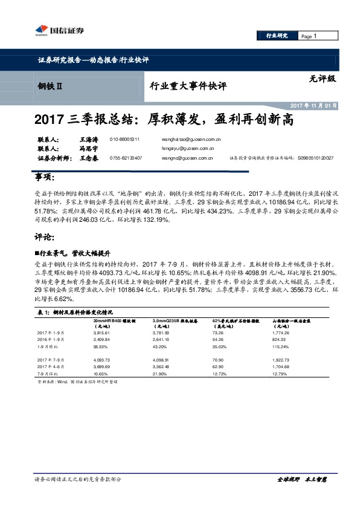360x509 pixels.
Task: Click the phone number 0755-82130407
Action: [126, 158]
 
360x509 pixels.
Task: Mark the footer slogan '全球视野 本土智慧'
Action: [301, 496]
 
